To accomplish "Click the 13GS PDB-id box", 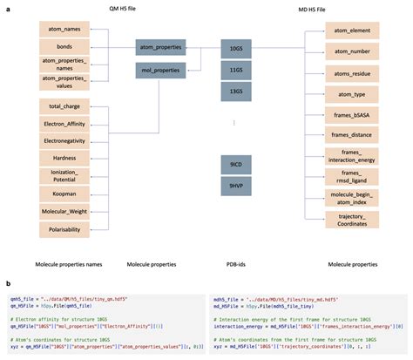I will [236, 90].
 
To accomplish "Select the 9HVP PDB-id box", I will [236, 185].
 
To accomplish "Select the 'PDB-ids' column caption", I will [236, 263].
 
